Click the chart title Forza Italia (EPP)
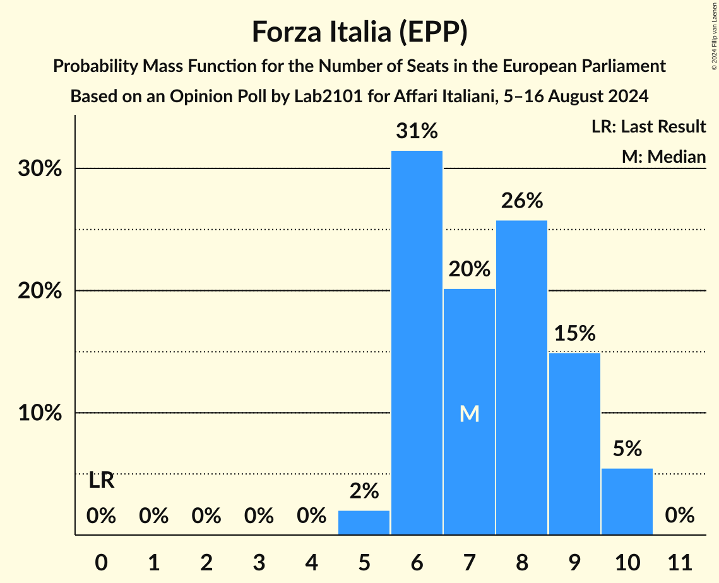[x=359, y=32]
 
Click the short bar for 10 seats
[x=627, y=502]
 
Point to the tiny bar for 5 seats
[x=364, y=522]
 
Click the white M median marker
[x=469, y=413]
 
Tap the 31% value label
[x=417, y=131]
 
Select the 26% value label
[x=521, y=201]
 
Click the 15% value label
[x=574, y=333]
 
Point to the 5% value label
[x=627, y=449]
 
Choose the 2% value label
[x=364, y=491]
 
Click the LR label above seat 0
[x=101, y=481]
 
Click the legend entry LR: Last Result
[x=648, y=127]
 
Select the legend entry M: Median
[x=663, y=156]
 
